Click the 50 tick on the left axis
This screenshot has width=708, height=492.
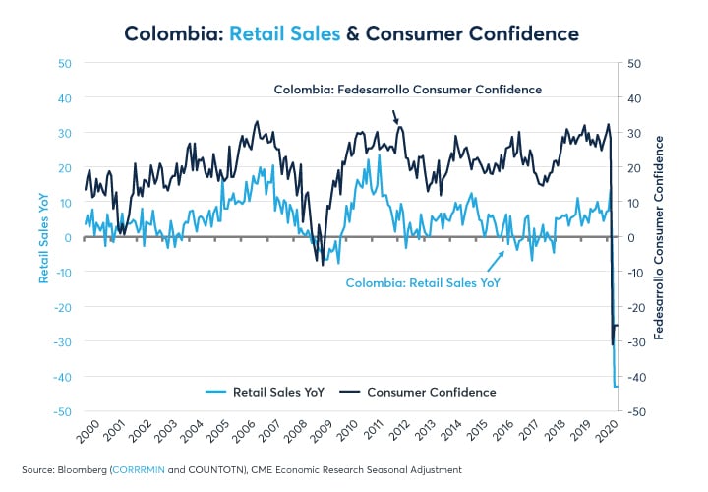tap(65, 63)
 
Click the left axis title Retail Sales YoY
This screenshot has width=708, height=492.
tap(44, 237)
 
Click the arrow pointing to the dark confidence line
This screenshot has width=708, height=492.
tap(395, 116)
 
